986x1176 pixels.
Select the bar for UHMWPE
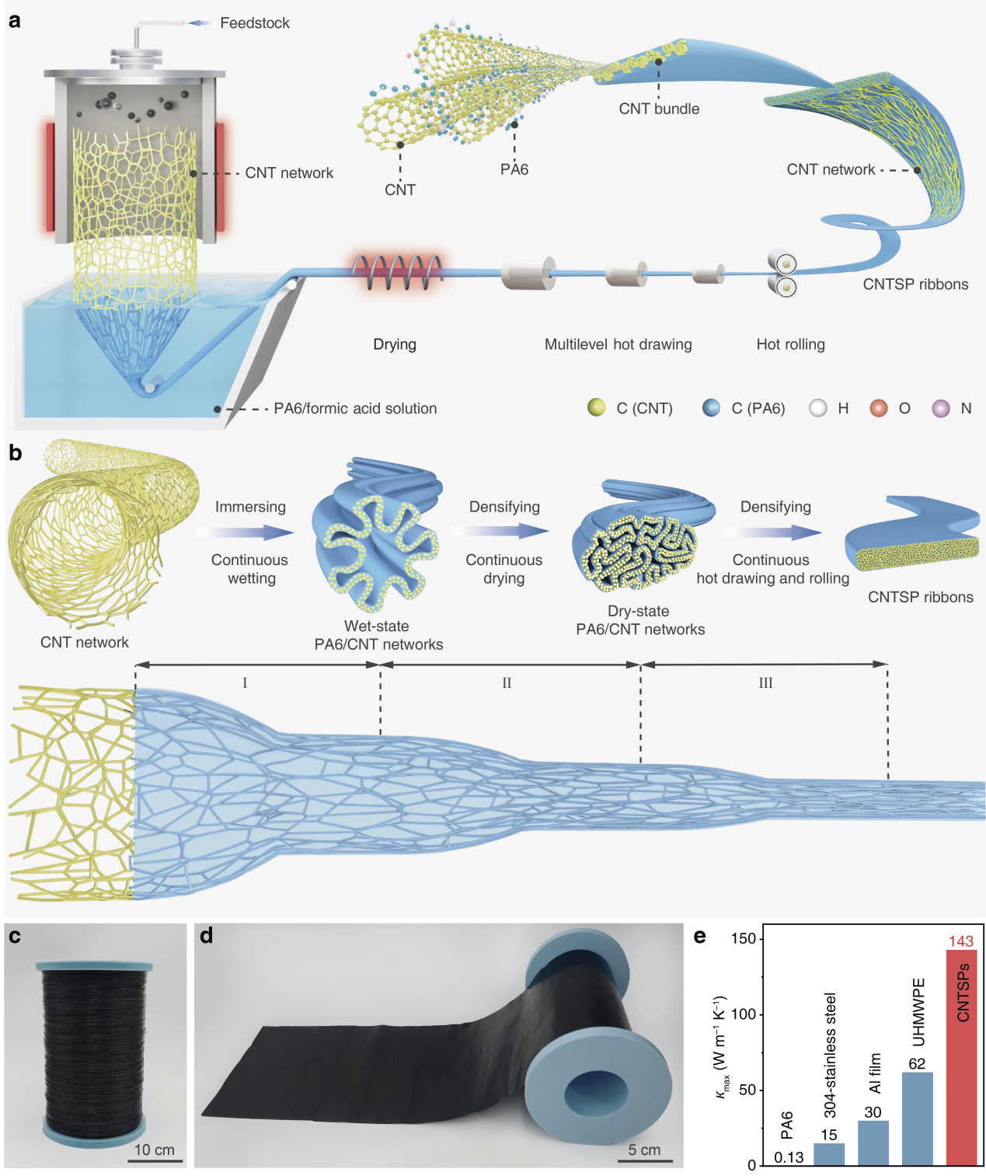point(917,1118)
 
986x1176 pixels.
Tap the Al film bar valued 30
point(873,1142)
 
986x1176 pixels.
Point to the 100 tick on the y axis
point(744,1014)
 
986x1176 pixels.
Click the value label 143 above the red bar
point(961,941)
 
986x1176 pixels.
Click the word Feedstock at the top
point(254,23)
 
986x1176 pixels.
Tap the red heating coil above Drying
point(397,272)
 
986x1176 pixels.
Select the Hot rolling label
point(790,344)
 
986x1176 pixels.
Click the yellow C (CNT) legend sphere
point(596,408)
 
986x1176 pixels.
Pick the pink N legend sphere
point(940,408)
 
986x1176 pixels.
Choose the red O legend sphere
point(878,408)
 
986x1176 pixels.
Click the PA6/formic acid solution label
point(355,409)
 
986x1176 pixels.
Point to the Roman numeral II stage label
point(507,683)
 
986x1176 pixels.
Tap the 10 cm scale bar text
point(154,1150)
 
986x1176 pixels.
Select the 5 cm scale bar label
point(644,1150)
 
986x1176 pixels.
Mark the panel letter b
point(16,453)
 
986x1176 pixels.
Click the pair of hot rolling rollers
point(783,274)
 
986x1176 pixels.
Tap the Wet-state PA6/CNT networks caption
point(378,635)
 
